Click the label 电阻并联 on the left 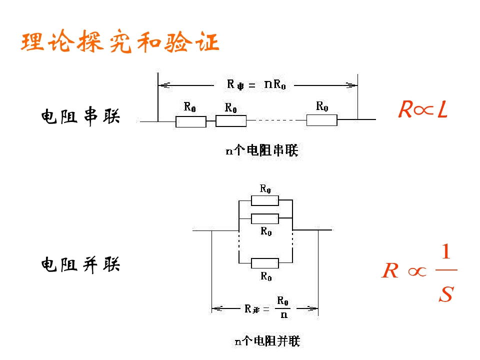[x=80, y=264]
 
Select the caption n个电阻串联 [x=261, y=150]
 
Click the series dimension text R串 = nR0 [x=256, y=84]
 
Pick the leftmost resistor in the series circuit [x=190, y=121]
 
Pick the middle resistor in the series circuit [x=231, y=120]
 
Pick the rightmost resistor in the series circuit [x=321, y=120]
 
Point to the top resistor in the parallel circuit [x=264, y=200]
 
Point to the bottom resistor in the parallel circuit [x=264, y=263]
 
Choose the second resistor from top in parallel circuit [x=264, y=218]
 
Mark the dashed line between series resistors [x=276, y=120]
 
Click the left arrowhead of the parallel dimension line [x=216, y=308]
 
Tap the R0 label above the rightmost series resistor [x=322, y=106]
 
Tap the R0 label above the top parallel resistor [x=265, y=188]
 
